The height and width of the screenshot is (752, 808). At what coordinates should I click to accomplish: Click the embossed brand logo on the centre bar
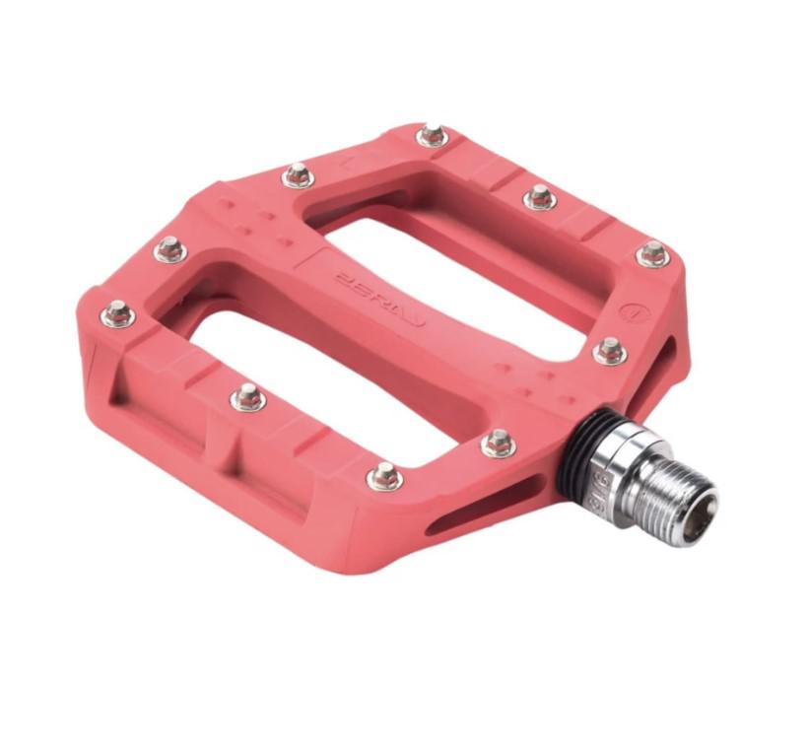[379, 297]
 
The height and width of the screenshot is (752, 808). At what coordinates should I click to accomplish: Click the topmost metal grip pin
[432, 136]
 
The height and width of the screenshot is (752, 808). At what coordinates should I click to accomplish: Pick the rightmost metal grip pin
[653, 254]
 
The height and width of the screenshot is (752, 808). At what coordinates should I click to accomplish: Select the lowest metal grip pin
[384, 476]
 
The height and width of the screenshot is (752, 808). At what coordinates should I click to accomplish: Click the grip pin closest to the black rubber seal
[499, 443]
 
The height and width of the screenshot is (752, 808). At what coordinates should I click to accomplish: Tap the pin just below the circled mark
[610, 350]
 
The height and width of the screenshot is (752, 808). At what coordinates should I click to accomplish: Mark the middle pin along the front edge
[247, 397]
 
